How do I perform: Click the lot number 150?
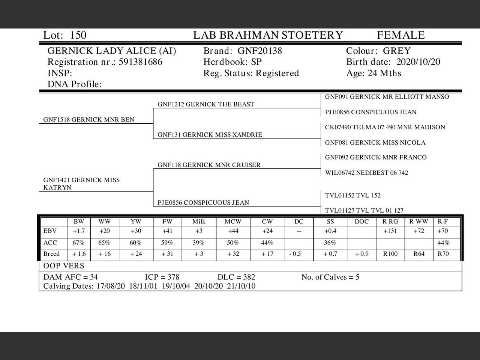(78, 35)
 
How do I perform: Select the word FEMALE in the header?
(400, 35)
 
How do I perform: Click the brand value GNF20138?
(260, 51)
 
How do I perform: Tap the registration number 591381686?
(141, 62)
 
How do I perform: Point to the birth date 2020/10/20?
(418, 62)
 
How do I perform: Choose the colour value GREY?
(397, 51)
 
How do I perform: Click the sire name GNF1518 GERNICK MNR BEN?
(88, 120)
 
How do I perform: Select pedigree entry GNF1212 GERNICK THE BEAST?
(205, 104)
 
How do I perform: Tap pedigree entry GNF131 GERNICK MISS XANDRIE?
(210, 135)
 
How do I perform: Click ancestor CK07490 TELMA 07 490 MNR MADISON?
(385, 127)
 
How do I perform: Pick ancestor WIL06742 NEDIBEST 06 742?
(366, 172)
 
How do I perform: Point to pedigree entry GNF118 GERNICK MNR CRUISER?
(209, 165)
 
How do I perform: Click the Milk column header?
(199, 222)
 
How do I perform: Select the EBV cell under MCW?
(233, 231)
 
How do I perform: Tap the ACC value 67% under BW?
(79, 243)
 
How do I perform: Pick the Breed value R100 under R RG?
(390, 254)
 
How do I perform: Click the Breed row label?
(51, 254)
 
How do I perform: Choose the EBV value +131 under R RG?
(390, 231)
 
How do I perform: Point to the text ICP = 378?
(162, 277)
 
